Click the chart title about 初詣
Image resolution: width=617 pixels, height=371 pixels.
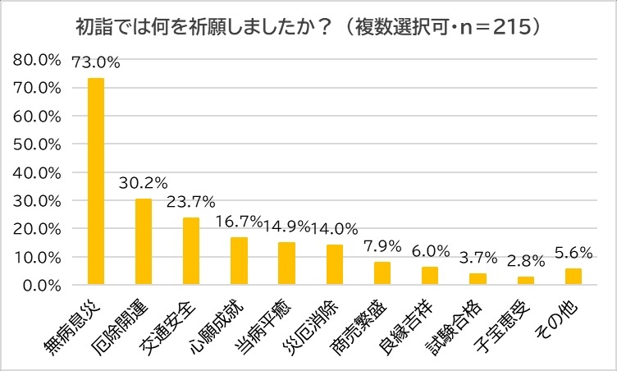(x=308, y=26)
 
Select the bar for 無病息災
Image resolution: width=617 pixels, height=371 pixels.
(x=96, y=181)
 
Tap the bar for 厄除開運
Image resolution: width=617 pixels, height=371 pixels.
(x=144, y=241)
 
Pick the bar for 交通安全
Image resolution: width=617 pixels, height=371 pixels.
(x=191, y=250)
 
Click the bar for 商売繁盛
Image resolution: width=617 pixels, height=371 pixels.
(x=382, y=273)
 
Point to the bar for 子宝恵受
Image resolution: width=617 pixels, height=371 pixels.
(x=526, y=280)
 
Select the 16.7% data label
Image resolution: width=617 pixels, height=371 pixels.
(x=239, y=222)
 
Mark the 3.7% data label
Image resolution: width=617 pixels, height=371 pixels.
(x=478, y=258)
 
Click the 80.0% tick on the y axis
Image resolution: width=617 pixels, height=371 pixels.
(x=38, y=60)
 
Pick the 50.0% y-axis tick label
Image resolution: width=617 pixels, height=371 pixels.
(x=38, y=144)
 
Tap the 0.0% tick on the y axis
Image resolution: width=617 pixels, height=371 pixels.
(x=41, y=285)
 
